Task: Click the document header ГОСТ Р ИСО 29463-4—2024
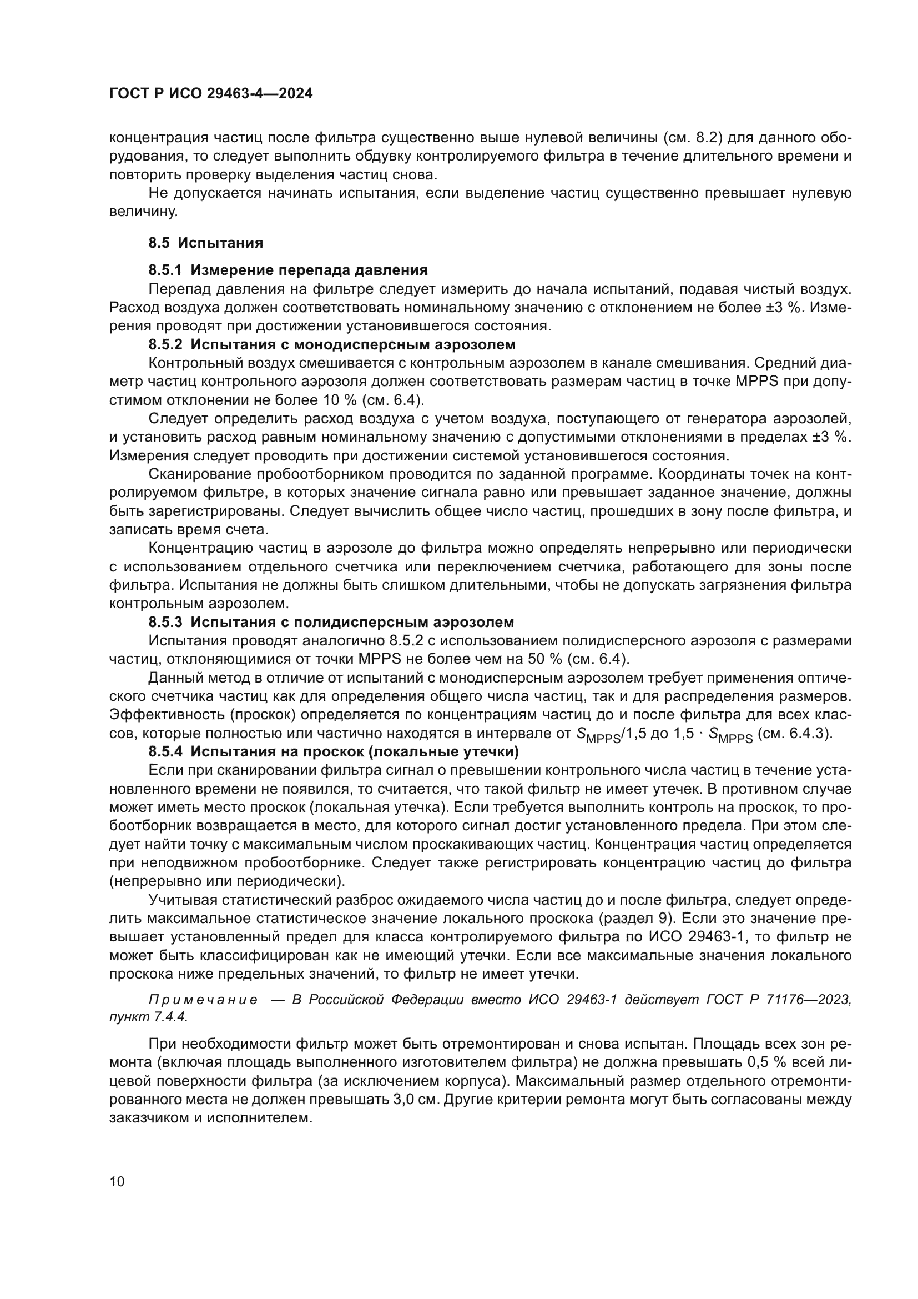211,94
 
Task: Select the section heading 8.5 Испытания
206,243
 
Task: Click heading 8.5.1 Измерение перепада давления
287,270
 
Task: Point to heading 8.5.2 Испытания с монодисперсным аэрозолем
332,344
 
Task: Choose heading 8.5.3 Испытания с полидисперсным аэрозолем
331,623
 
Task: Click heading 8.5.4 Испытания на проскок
334,752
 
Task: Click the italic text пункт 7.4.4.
148,1016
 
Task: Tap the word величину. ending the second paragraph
144,212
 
